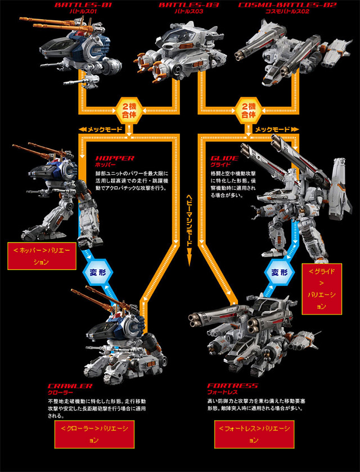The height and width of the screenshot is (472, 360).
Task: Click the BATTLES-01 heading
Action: click(78, 5)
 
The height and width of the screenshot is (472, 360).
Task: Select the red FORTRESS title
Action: click(232, 386)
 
